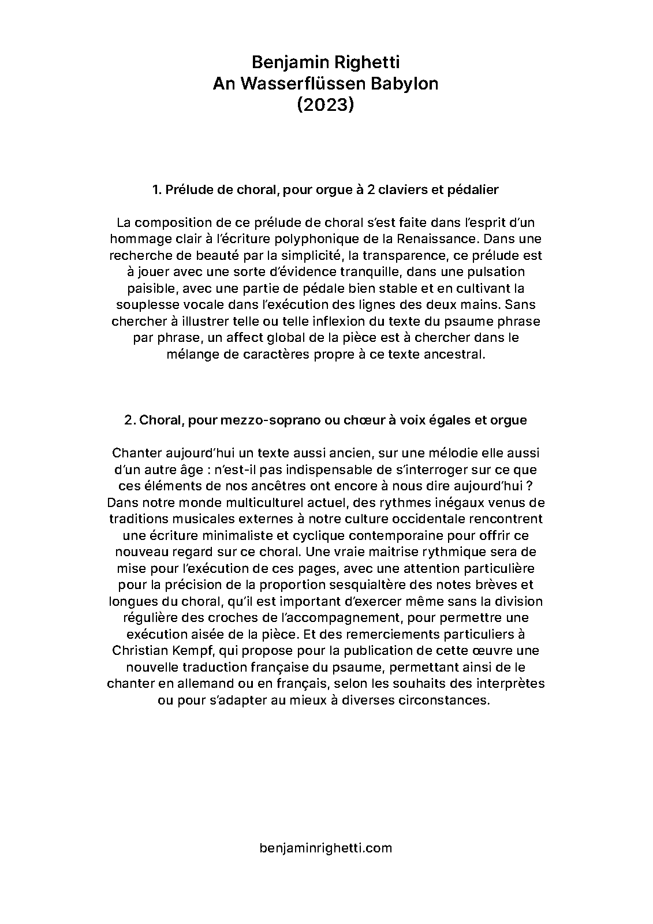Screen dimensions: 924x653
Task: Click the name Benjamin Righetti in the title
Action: tap(326, 62)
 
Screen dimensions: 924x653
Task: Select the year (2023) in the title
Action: tap(326, 105)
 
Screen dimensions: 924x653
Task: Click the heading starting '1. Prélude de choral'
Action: tap(326, 189)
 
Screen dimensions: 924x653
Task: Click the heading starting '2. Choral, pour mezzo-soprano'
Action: tap(326, 420)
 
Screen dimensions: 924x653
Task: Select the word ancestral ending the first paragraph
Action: tap(454, 354)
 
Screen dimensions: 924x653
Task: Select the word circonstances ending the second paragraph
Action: tap(443, 701)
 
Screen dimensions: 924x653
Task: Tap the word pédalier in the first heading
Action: tap(473, 189)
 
